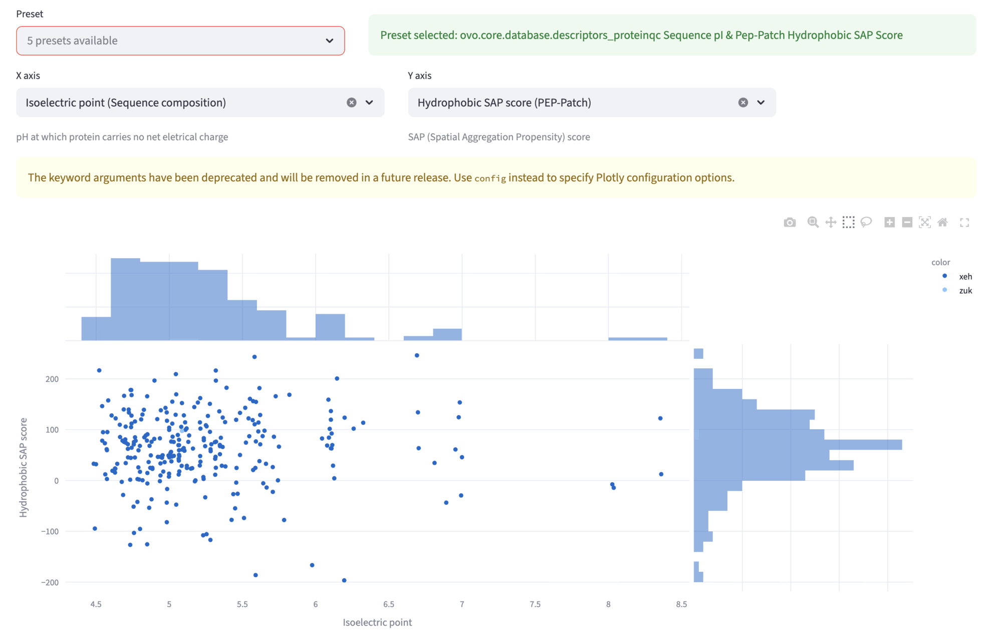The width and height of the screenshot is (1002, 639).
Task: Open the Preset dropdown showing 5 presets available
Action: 180,41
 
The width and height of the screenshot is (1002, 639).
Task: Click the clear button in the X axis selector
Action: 351,102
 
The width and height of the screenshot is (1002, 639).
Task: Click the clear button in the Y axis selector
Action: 743,102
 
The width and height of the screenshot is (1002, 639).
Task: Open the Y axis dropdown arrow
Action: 761,102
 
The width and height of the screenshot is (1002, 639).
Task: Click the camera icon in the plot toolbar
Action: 790,222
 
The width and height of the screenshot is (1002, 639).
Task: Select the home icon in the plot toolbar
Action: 942,222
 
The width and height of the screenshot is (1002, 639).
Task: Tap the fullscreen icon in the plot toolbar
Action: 964,222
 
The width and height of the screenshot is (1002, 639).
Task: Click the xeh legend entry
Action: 965,276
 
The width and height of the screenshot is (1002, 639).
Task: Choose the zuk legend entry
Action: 965,290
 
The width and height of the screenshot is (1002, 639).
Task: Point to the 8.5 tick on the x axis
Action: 681,604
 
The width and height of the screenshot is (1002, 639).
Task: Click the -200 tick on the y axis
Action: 50,582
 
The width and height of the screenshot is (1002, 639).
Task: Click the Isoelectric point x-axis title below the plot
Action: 377,622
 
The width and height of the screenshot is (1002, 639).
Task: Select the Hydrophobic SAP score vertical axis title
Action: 23,467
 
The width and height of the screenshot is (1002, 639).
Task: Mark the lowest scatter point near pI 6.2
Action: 344,580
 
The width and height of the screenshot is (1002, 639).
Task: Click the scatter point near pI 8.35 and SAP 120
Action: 660,418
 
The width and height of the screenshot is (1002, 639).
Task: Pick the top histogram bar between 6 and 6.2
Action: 330,327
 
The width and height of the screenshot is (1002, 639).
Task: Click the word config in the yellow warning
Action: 490,178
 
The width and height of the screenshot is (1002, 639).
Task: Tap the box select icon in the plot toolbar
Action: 848,222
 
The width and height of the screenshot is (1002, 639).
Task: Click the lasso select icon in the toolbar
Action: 866,222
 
